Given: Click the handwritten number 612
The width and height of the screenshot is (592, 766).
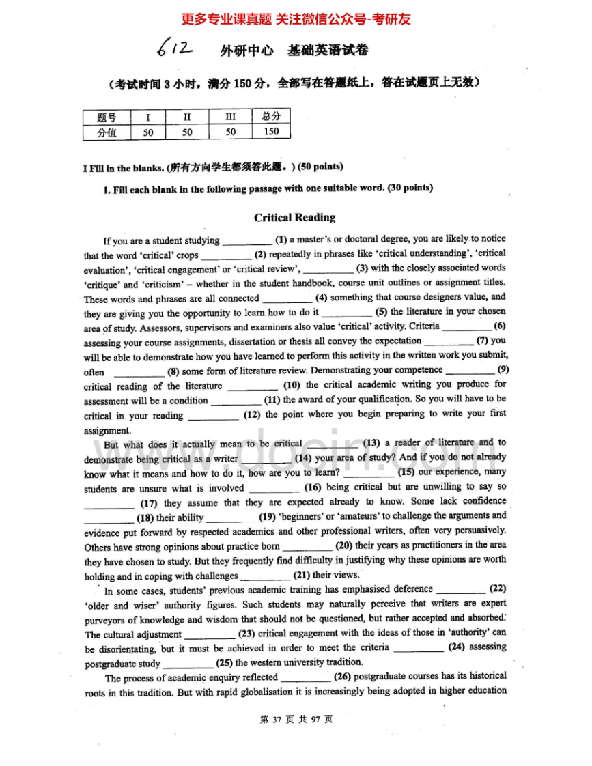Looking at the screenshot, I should (173, 48).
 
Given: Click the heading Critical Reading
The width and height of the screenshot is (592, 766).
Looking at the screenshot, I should (295, 218).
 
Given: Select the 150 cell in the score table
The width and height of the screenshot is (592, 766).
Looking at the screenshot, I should (271, 132).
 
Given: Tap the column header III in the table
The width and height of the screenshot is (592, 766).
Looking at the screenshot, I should (230, 117).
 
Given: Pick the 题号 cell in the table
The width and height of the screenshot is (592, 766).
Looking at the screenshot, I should (107, 117).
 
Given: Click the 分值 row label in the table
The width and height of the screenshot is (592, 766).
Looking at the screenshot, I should (107, 133).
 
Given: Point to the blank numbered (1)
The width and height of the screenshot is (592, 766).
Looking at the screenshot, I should (247, 241).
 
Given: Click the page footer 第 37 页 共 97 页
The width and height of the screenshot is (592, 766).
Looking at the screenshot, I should (296, 720).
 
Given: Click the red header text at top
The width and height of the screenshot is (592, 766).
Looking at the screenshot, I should (296, 19).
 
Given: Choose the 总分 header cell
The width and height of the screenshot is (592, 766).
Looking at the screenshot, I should (271, 117).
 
